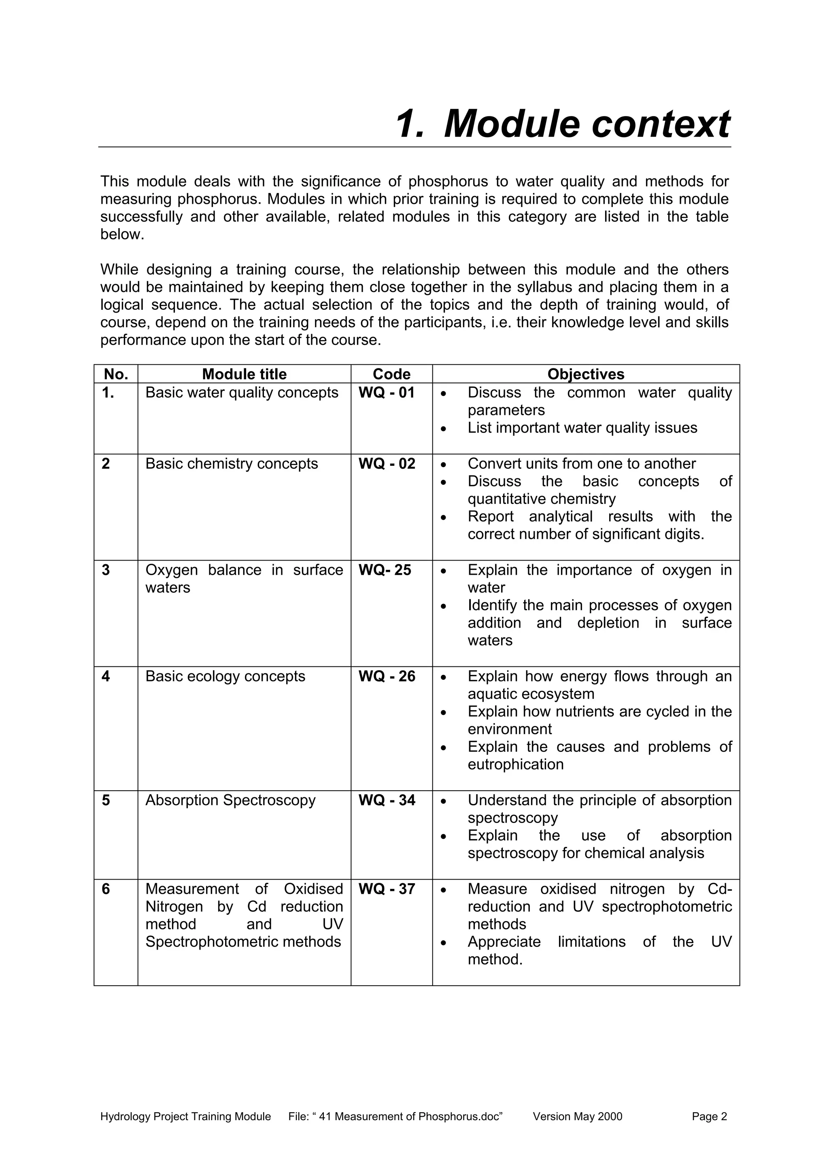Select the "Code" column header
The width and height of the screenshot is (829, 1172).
point(391,374)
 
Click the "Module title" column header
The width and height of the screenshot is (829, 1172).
point(244,374)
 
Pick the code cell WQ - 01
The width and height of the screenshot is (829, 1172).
point(387,393)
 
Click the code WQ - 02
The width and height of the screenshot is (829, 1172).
point(387,463)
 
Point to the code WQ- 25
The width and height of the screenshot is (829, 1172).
point(385,570)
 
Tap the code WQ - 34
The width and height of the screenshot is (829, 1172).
point(387,800)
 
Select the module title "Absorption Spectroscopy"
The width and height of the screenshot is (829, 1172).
point(230,800)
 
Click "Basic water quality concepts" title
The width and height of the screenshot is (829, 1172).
point(242,393)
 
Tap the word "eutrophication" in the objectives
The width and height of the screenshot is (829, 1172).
point(515,764)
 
